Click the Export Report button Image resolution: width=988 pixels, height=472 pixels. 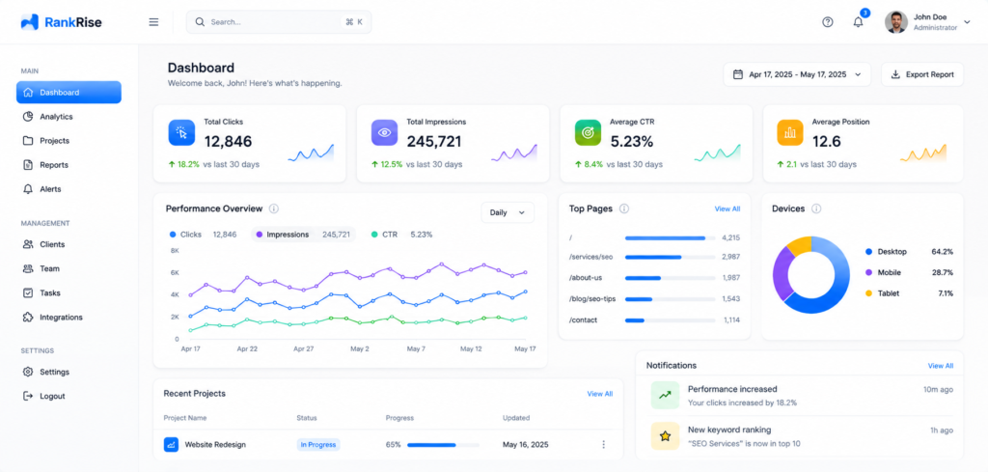921,74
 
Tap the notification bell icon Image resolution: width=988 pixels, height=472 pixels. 858,22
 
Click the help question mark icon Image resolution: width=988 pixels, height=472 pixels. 828,22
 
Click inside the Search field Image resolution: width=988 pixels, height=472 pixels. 279,22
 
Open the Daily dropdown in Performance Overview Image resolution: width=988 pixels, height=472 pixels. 508,212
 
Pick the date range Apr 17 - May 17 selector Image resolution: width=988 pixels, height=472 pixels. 797,74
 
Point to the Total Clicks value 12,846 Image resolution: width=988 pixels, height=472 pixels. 228,141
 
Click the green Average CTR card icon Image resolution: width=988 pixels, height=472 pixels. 588,132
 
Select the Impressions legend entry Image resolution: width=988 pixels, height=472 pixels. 303,235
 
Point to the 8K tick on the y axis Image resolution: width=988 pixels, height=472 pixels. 175,250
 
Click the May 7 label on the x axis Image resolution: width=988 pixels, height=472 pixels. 416,348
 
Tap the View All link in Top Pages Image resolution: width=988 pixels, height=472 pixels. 727,208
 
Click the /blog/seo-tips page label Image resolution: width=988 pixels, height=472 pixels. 592,298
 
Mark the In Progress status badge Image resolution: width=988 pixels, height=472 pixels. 318,444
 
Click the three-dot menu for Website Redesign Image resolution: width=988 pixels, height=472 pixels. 603,444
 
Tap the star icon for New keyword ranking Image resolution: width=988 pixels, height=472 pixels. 665,435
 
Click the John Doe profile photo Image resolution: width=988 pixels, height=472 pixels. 896,22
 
